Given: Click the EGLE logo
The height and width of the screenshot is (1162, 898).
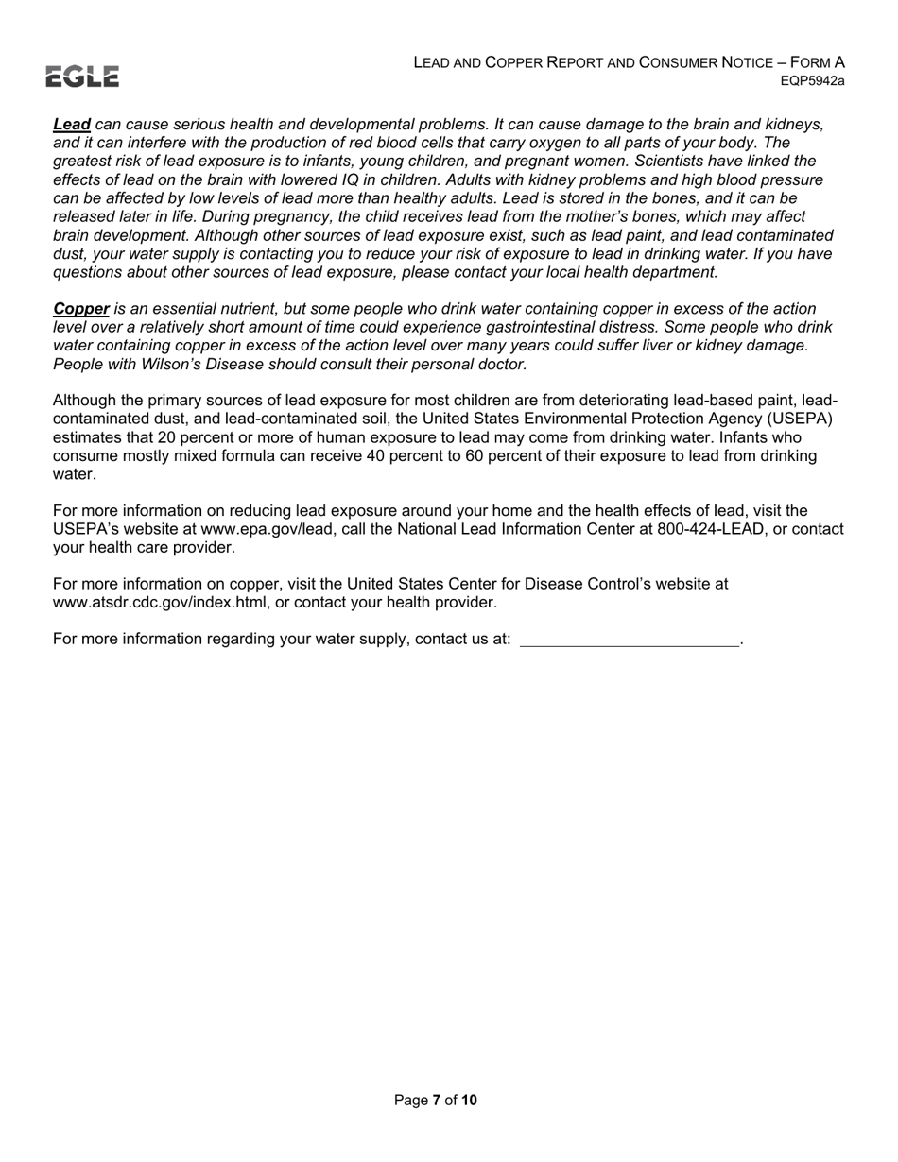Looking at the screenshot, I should (82, 77).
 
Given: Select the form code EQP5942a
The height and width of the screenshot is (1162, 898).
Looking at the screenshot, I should (812, 81).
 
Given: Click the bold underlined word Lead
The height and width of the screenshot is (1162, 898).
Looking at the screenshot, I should (72, 125).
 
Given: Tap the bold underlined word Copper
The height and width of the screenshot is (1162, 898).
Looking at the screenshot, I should (81, 309).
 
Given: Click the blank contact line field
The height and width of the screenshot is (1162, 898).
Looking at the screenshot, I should (630, 640).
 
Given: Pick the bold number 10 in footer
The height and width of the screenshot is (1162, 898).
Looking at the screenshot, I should (469, 1100).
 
